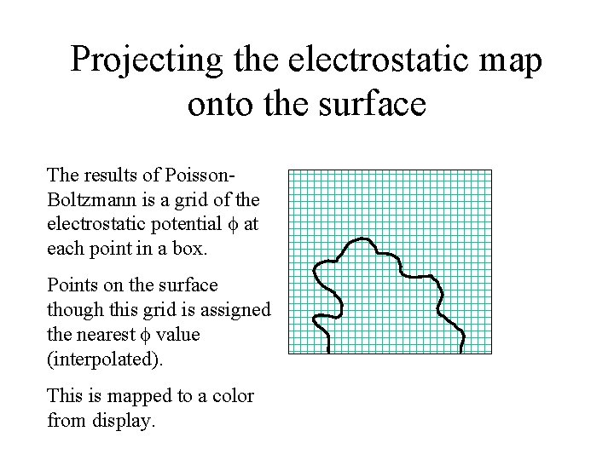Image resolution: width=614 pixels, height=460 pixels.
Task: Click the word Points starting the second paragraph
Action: (72, 285)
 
